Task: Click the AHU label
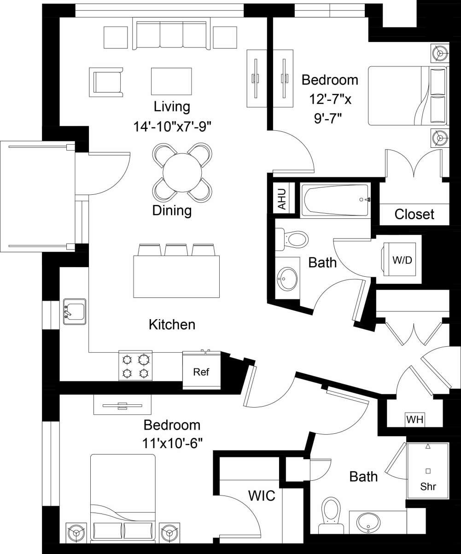click(282, 199)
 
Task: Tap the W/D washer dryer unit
click(401, 260)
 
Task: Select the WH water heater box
click(415, 420)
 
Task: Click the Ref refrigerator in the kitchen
click(201, 371)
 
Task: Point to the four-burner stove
click(136, 366)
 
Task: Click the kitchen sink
click(74, 311)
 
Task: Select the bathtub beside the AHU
click(335, 200)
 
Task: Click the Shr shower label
click(428, 486)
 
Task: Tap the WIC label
click(262, 496)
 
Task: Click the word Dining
click(172, 210)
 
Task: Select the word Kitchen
click(172, 324)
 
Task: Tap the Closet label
click(414, 214)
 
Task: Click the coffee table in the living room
click(171, 81)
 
